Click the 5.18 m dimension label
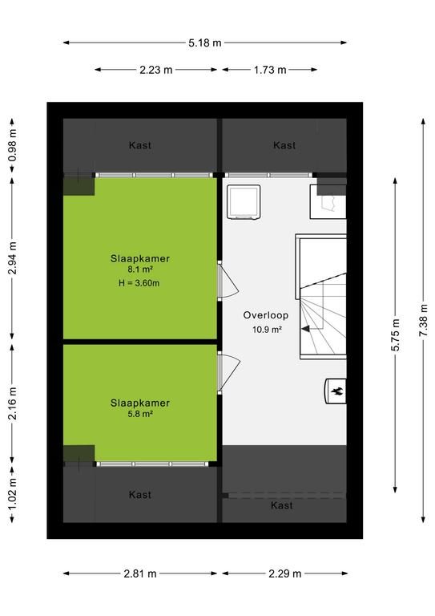[x=205, y=43]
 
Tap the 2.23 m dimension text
[x=155, y=70]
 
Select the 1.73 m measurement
[x=270, y=70]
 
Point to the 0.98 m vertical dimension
[x=13, y=145]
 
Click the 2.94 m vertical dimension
[x=13, y=257]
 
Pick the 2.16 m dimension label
[x=13, y=403]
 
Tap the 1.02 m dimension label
[x=13, y=494]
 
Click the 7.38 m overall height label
[x=424, y=320]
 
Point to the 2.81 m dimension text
[x=140, y=574]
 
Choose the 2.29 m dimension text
[x=284, y=574]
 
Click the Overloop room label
[x=265, y=315]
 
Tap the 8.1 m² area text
[x=140, y=269]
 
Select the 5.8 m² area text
[x=140, y=414]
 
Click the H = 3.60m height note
[x=139, y=283]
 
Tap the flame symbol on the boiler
[x=337, y=391]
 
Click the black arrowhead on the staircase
[x=305, y=328]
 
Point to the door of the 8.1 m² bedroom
[x=228, y=281]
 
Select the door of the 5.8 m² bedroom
[x=228, y=372]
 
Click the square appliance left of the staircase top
[x=244, y=202]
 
